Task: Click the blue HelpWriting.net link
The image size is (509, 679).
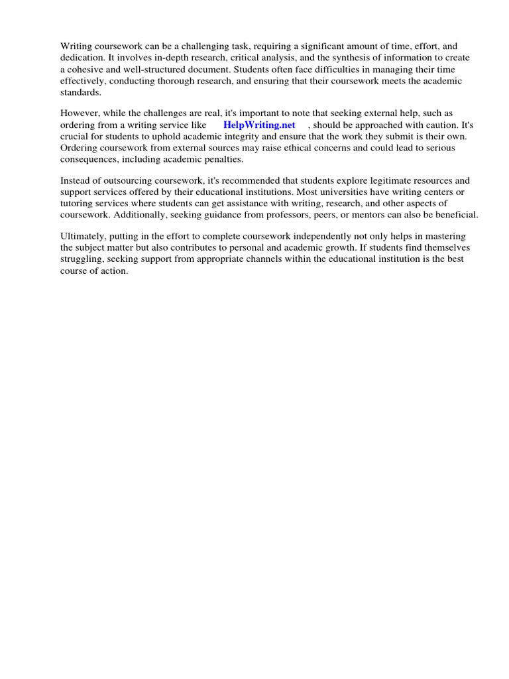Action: pos(259,125)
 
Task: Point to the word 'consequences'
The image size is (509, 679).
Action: pos(89,159)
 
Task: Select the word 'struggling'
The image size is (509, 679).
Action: pos(82,259)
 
